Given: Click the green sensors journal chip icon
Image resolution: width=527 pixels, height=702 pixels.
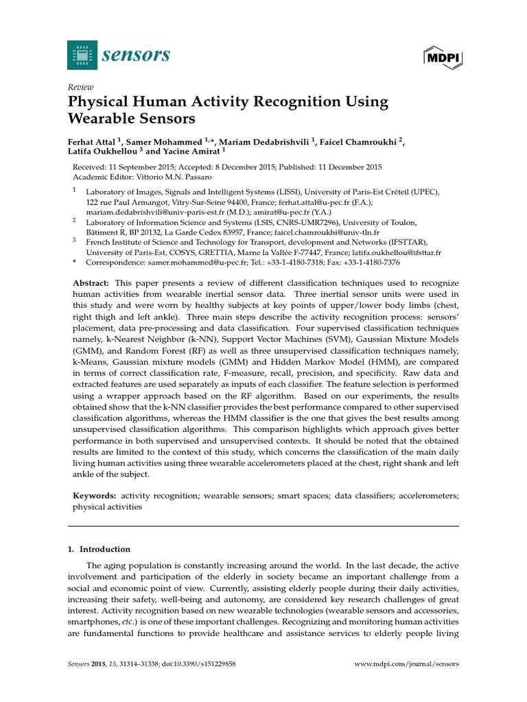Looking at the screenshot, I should coord(82,55).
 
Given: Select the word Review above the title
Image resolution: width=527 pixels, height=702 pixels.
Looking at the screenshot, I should coord(80,88).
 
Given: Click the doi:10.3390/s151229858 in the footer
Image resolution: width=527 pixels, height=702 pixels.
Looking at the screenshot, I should coord(199,664).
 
